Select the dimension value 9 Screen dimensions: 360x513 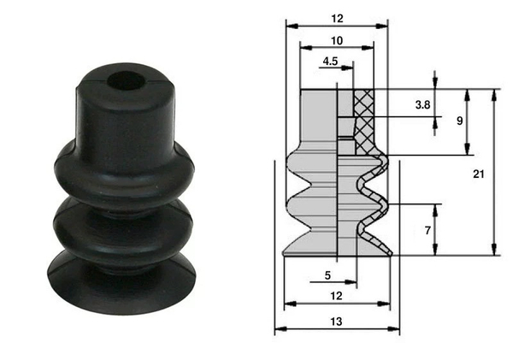460,121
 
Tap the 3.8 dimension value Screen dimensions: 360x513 422,105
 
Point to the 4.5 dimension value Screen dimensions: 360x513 332,62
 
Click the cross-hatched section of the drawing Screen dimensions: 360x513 366,120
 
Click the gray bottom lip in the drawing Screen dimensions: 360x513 316,246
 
